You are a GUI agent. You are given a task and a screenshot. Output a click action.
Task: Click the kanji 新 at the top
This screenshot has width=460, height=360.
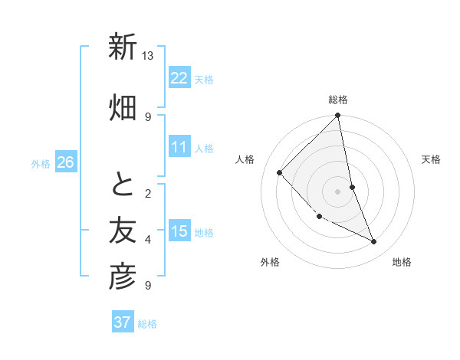(x=123, y=48)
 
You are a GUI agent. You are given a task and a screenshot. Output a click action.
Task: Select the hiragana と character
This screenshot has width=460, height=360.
(x=123, y=185)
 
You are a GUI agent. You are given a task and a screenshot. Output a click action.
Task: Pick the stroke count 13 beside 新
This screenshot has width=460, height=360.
(x=148, y=56)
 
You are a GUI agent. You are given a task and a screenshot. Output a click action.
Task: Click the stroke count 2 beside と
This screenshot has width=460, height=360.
(x=148, y=194)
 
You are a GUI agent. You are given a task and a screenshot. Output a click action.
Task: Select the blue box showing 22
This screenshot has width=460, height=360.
(x=179, y=77)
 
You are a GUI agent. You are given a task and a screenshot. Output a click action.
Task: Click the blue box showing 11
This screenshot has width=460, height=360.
(x=179, y=147)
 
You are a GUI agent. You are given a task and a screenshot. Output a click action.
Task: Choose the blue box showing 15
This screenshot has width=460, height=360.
(x=179, y=231)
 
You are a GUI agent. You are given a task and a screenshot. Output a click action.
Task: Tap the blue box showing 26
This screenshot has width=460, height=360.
(x=65, y=162)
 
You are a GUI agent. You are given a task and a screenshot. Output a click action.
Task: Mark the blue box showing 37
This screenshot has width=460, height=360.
(x=123, y=322)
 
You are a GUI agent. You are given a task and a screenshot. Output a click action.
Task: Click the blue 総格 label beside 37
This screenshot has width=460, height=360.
(x=147, y=324)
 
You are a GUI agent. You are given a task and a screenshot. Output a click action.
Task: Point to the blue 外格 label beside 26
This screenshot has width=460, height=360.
(x=41, y=164)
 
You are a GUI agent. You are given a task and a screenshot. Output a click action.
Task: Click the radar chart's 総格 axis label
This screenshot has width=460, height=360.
(x=338, y=100)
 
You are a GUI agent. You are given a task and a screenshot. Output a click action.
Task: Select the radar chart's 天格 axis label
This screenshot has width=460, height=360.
(x=432, y=159)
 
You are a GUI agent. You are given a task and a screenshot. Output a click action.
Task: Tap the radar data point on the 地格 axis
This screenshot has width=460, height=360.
(x=374, y=242)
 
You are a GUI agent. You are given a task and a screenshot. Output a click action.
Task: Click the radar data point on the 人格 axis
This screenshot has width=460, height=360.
(x=280, y=172)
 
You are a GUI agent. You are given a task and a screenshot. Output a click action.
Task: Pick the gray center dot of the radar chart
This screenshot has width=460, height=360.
(x=338, y=191)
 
